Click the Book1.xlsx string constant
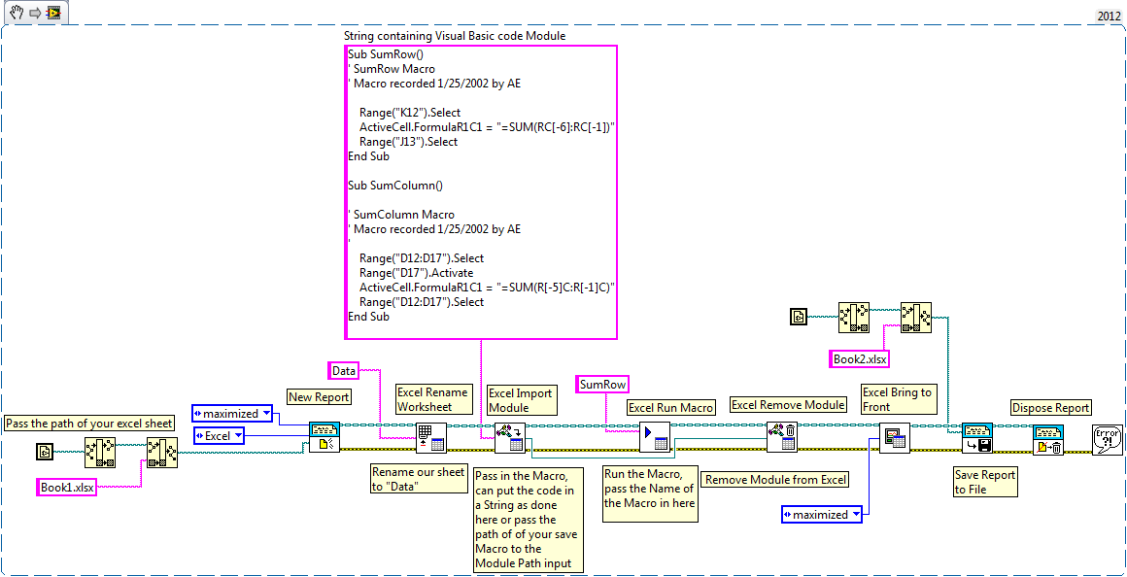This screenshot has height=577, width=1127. [x=67, y=487]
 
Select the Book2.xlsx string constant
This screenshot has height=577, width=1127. [x=860, y=358]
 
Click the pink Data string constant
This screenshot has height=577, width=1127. [x=344, y=370]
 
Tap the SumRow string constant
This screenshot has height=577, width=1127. [x=602, y=385]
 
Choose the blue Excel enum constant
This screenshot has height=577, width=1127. [x=219, y=436]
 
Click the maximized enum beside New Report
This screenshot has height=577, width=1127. [x=231, y=413]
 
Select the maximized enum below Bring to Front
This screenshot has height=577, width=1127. [x=821, y=514]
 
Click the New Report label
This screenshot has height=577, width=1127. [x=319, y=396]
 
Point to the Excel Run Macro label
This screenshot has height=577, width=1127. [x=671, y=408]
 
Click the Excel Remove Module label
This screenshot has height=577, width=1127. [x=788, y=404]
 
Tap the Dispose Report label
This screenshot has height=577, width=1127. [x=1051, y=408]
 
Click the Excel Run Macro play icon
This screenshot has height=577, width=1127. [x=654, y=438]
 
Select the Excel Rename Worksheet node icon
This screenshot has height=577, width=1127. [x=430, y=438]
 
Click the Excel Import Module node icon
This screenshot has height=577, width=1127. [x=509, y=438]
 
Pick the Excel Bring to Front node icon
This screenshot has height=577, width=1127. [x=893, y=438]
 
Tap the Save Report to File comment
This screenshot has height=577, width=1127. [x=984, y=482]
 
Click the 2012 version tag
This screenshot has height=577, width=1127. [x=1108, y=17]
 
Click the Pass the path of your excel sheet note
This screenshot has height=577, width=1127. [x=89, y=423]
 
